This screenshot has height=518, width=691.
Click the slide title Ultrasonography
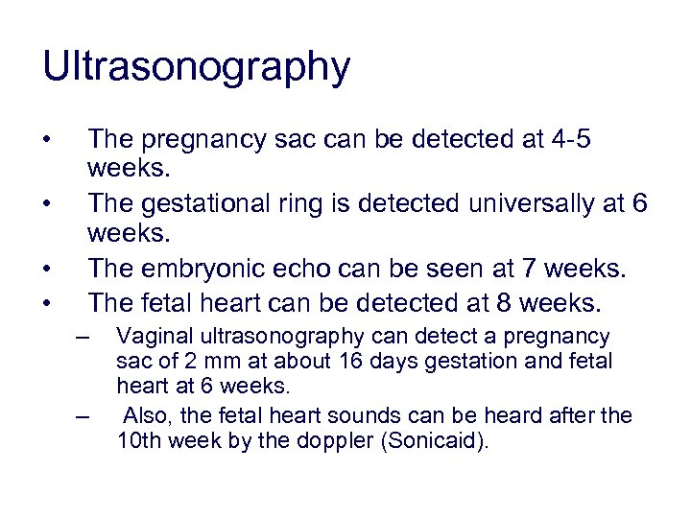tap(196, 68)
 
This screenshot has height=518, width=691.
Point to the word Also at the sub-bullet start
tap(146, 415)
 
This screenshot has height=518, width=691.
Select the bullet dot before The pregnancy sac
tap(47, 141)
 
